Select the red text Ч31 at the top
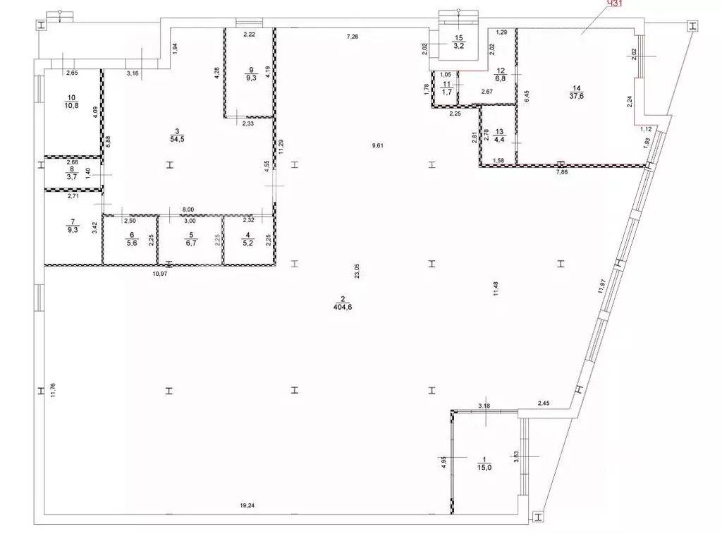point(615,4)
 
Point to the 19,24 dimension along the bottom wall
point(247,505)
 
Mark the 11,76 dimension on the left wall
point(53,392)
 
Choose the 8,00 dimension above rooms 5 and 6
point(188,210)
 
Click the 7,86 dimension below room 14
point(562,171)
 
